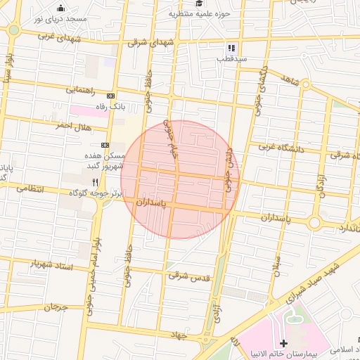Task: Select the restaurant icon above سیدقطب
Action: [231, 48]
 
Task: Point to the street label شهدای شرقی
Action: [148, 42]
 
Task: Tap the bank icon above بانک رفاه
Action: [110, 96]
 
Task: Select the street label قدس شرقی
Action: [188, 276]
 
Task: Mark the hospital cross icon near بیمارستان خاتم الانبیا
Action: [284, 343]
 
